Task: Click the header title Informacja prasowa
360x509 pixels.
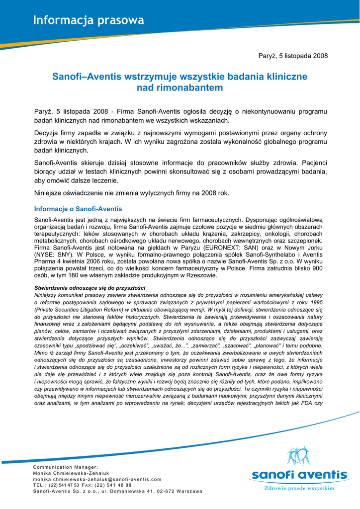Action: [x=89, y=20]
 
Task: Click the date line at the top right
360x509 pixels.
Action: [x=293, y=56]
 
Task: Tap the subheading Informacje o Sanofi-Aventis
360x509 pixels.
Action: [x=78, y=209]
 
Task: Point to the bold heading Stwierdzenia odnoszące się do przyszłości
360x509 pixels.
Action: [x=90, y=288]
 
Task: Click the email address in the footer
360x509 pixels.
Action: [x=97, y=479]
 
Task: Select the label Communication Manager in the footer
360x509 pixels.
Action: [x=65, y=467]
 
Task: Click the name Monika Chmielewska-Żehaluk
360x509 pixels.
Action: [x=71, y=473]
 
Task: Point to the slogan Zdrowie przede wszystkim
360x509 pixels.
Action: [x=298, y=489]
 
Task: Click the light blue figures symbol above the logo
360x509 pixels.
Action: [x=299, y=457]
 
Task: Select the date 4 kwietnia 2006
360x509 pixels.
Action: [x=75, y=261]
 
